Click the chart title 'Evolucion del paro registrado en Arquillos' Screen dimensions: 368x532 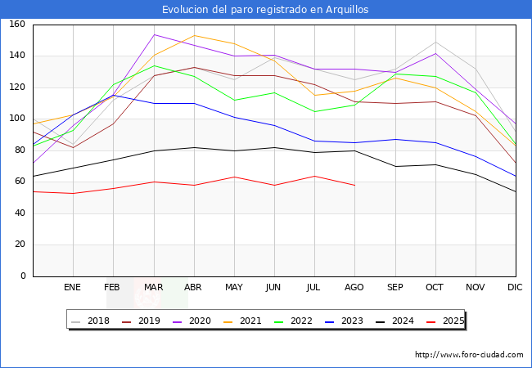point(266,10)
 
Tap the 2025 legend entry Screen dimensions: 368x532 point(447,321)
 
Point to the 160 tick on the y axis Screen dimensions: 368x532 point(18,25)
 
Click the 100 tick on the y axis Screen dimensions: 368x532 point(18,119)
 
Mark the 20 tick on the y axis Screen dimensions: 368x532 point(20,245)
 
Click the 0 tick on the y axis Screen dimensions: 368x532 point(23,276)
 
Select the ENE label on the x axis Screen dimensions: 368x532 point(73,288)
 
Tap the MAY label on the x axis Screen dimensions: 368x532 point(234,288)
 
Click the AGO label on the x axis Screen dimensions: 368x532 point(354,288)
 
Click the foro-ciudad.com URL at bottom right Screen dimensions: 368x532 point(469,355)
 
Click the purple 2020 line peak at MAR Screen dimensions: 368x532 point(154,34)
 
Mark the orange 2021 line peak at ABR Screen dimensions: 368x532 point(194,35)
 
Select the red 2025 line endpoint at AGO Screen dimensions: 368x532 point(354,185)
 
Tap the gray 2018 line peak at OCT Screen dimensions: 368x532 point(435,42)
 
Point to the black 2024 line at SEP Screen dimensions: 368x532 point(395,167)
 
